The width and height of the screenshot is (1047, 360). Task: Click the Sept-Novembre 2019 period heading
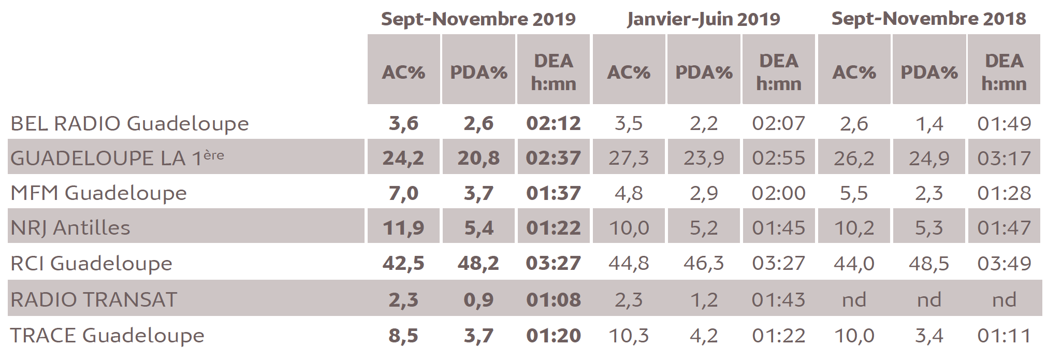coord(478,19)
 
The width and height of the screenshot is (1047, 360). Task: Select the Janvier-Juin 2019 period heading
coord(703,19)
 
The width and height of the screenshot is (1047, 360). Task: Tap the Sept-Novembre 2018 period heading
coord(928,19)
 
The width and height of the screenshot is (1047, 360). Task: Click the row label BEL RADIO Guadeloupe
coord(129,124)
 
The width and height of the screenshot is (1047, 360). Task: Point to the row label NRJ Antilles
coord(70,227)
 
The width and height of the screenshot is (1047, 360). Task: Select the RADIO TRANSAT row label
coord(94,300)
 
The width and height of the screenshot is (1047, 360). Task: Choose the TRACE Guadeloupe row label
coord(107,336)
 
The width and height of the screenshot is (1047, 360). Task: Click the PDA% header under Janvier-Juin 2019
coord(704,72)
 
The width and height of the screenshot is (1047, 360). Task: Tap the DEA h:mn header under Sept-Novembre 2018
coord(1004,72)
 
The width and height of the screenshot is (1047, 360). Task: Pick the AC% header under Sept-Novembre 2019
coord(403,72)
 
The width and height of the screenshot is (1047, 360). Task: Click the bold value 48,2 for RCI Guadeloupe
coord(478,263)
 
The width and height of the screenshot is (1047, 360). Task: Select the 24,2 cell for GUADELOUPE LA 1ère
coord(403,158)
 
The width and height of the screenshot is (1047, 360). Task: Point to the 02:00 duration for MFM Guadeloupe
coord(779,193)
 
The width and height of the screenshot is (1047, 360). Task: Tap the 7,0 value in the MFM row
coord(403,193)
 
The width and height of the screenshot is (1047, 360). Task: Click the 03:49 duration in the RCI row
coord(1004,263)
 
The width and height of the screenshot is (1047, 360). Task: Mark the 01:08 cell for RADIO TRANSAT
coord(554,300)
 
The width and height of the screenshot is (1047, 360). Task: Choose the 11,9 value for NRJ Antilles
coord(403,227)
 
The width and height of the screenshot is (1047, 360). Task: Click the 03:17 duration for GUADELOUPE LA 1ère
coord(1004,158)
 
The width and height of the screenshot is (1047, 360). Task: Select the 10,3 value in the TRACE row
coord(629,336)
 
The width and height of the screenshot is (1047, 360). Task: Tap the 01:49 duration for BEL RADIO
coord(1004,124)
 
